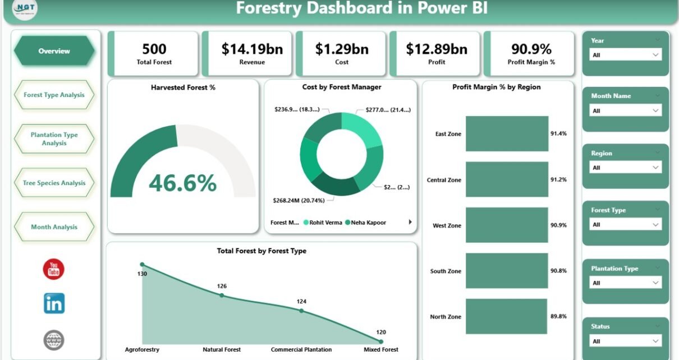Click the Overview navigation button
pos(54,51)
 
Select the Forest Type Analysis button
pos(54,95)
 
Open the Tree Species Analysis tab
pos(54,183)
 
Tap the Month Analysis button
pos(54,227)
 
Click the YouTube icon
pos(54,269)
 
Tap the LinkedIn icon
pos(54,303)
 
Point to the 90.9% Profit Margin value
pos(531,49)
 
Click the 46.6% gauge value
pos(182,183)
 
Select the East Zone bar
pos(507,133)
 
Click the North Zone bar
pos(506,316)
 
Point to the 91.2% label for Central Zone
pos(558,180)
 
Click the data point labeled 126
pos(222,295)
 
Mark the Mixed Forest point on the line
pos(381,341)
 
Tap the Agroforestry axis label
pos(142,349)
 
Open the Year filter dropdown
pos(626,55)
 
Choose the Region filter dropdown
pos(626,168)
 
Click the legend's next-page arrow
pos(410,222)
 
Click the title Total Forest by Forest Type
pos(261,251)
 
